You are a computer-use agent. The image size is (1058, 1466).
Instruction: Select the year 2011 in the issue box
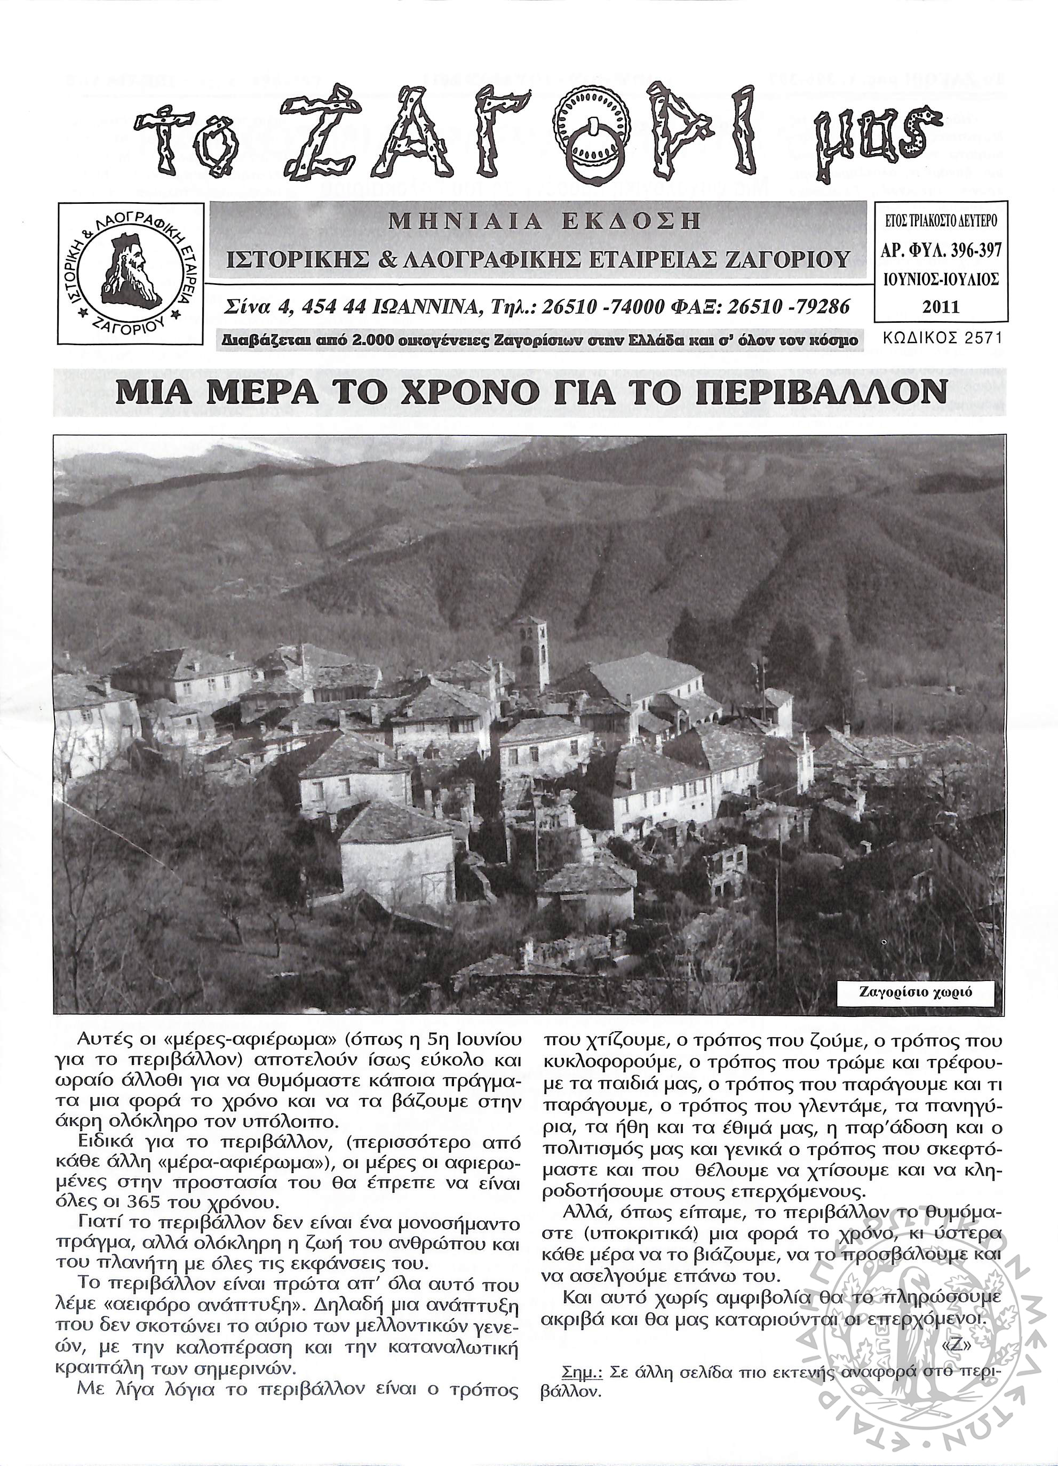[x=941, y=306]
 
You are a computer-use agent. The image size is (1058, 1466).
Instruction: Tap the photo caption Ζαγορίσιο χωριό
[x=915, y=992]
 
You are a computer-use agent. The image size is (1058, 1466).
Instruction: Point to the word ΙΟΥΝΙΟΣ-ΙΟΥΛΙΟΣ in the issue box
[x=941, y=279]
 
